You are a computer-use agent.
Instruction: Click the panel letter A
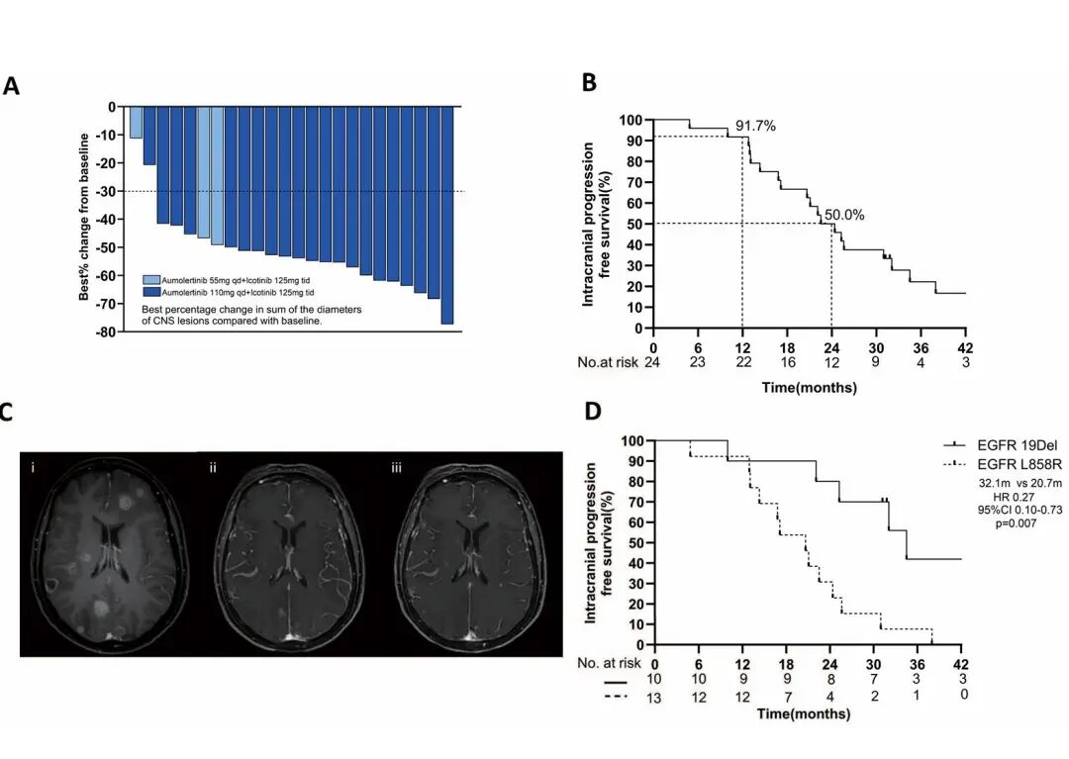[11, 86]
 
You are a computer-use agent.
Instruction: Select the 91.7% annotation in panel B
[755, 126]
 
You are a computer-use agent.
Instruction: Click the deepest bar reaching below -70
[446, 216]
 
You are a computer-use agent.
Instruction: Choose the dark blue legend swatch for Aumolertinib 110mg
[152, 293]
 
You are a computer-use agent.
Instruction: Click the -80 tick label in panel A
[104, 332]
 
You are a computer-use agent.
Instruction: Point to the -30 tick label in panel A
[104, 191]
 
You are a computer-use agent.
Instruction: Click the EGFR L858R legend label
[1010, 463]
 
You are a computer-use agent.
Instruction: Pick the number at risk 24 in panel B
[653, 363]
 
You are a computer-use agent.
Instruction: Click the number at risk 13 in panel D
[654, 699]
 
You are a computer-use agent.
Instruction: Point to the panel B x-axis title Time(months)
[810, 388]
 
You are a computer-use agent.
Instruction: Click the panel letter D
[593, 411]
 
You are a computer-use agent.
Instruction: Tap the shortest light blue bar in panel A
[136, 123]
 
